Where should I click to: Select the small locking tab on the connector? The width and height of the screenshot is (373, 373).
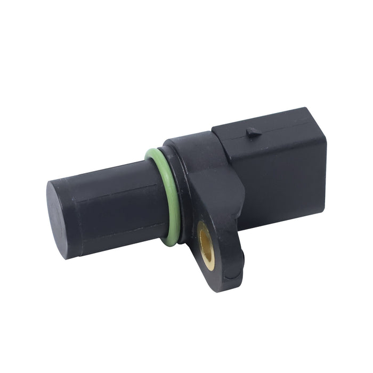click(x=254, y=132)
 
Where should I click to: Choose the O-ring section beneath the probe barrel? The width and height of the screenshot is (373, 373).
click(x=171, y=240)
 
